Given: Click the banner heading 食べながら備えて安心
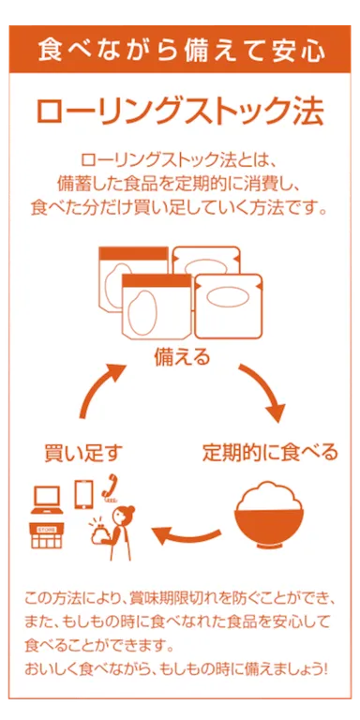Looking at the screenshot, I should pyautogui.click(x=181, y=48).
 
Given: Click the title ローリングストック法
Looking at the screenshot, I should pyautogui.click(x=180, y=111).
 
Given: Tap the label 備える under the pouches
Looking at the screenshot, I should pyautogui.click(x=181, y=357).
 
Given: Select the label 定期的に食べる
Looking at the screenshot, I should pyautogui.click(x=270, y=453).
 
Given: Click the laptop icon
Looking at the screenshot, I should pyautogui.click(x=47, y=496).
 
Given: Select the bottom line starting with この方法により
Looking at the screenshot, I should pyautogui.click(x=178, y=597).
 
